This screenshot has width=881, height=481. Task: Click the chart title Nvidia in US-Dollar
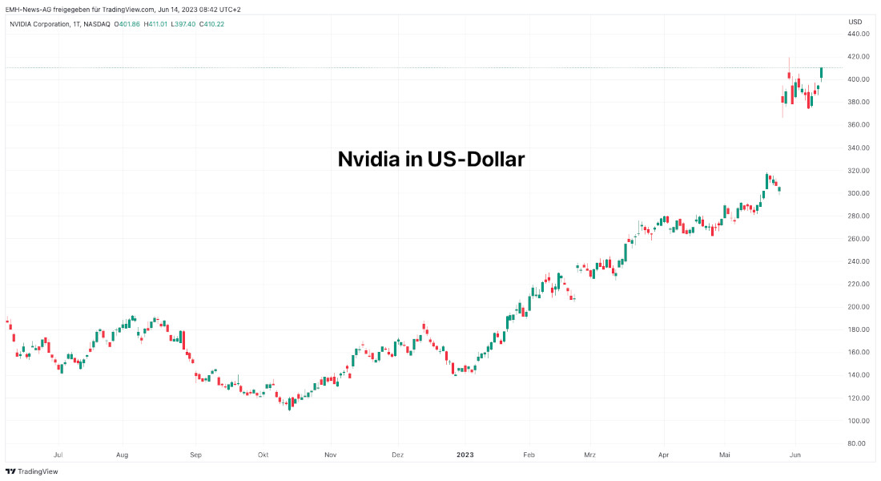point(431,160)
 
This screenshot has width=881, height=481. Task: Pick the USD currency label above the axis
point(855,22)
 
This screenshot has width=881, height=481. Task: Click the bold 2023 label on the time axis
point(465,455)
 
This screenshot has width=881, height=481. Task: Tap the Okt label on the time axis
point(263,455)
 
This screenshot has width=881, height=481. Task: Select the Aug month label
point(122,455)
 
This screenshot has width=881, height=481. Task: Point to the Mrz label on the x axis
point(590,455)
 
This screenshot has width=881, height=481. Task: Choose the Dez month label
point(397,455)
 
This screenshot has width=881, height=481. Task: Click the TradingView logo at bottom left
point(32,471)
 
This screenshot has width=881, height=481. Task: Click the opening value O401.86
point(127,24)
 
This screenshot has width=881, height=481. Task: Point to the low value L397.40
point(185,24)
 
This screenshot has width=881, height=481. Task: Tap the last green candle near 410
point(821,73)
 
